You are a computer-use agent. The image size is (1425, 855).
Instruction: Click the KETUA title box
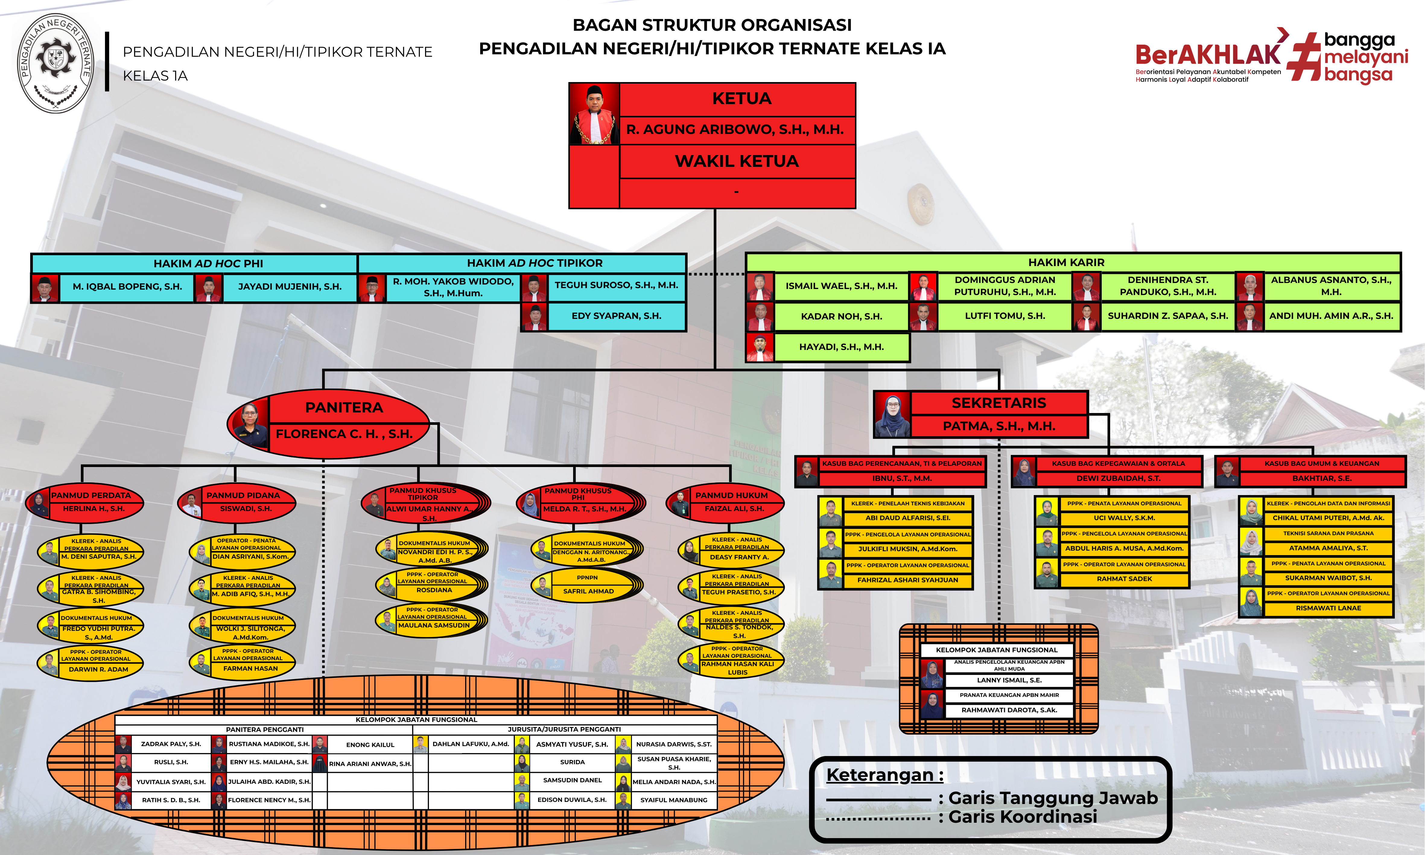coord(737,99)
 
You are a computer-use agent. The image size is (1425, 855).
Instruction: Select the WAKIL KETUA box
coord(737,161)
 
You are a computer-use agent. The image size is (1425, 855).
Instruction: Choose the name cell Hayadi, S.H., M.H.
coord(842,347)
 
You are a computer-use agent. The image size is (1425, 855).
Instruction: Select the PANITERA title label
coord(344,407)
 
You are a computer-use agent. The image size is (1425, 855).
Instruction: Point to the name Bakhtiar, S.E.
coord(1322,478)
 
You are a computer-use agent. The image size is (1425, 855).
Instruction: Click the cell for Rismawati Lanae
coord(1328,608)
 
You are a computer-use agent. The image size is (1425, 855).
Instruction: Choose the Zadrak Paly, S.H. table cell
coord(171,744)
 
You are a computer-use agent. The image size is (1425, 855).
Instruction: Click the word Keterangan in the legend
coord(880,775)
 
